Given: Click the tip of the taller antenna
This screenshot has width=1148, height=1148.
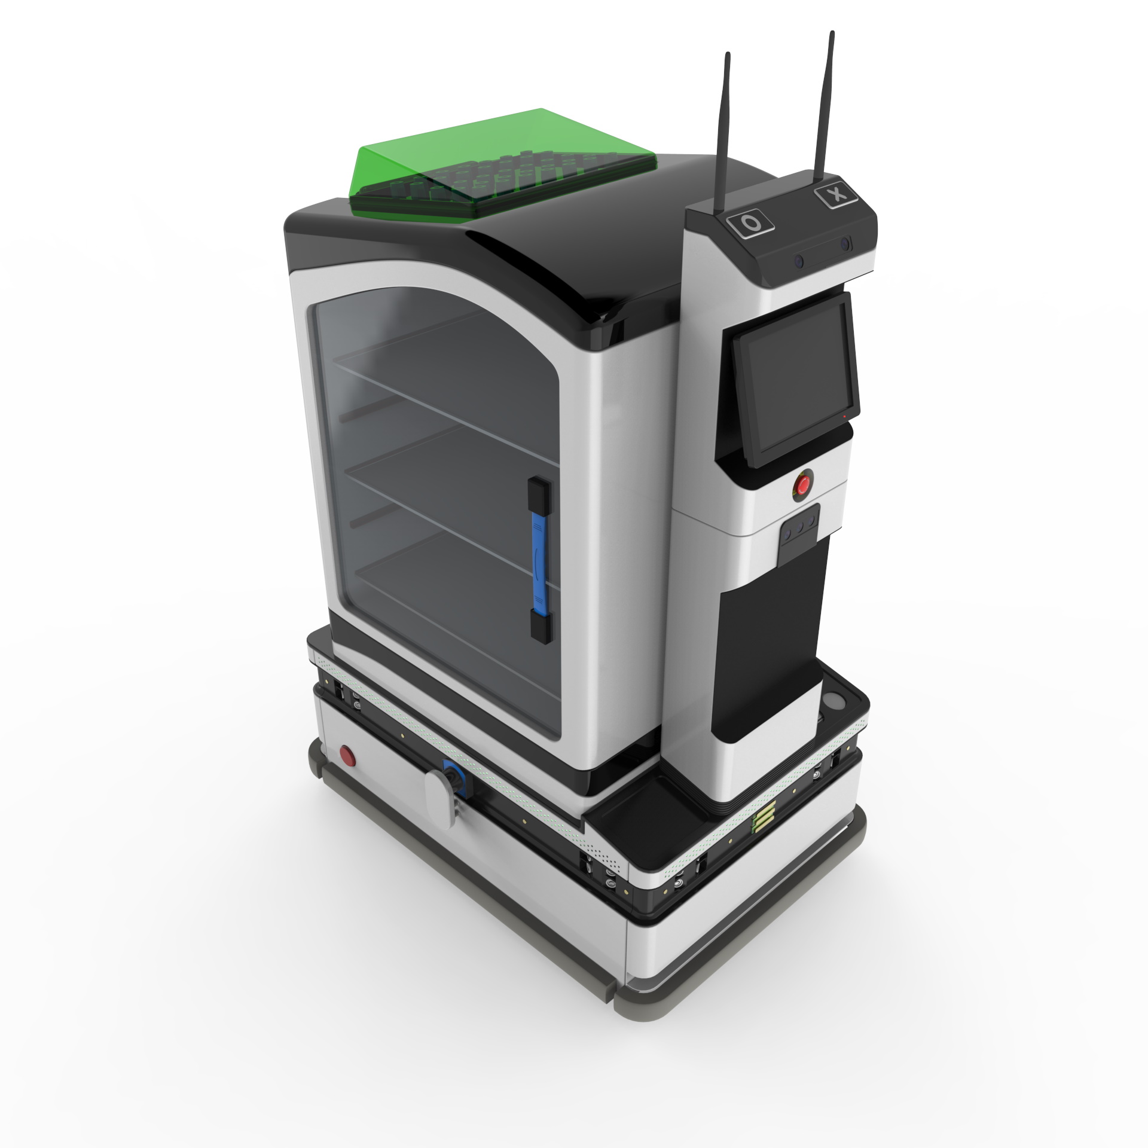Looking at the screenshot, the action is click(x=831, y=32).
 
